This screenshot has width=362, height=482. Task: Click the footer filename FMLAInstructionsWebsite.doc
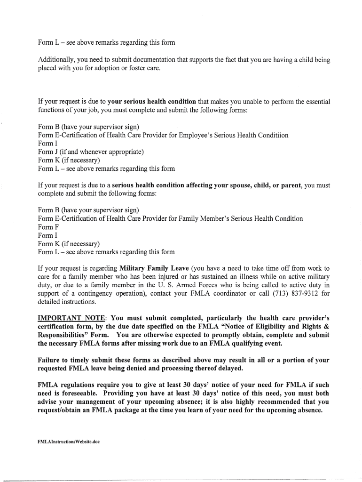click(x=69, y=442)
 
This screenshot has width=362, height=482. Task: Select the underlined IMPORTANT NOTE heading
click(x=71, y=317)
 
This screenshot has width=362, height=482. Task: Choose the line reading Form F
click(x=49, y=227)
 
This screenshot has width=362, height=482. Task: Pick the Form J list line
click(x=90, y=152)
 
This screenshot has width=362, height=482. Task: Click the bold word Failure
click(x=50, y=360)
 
